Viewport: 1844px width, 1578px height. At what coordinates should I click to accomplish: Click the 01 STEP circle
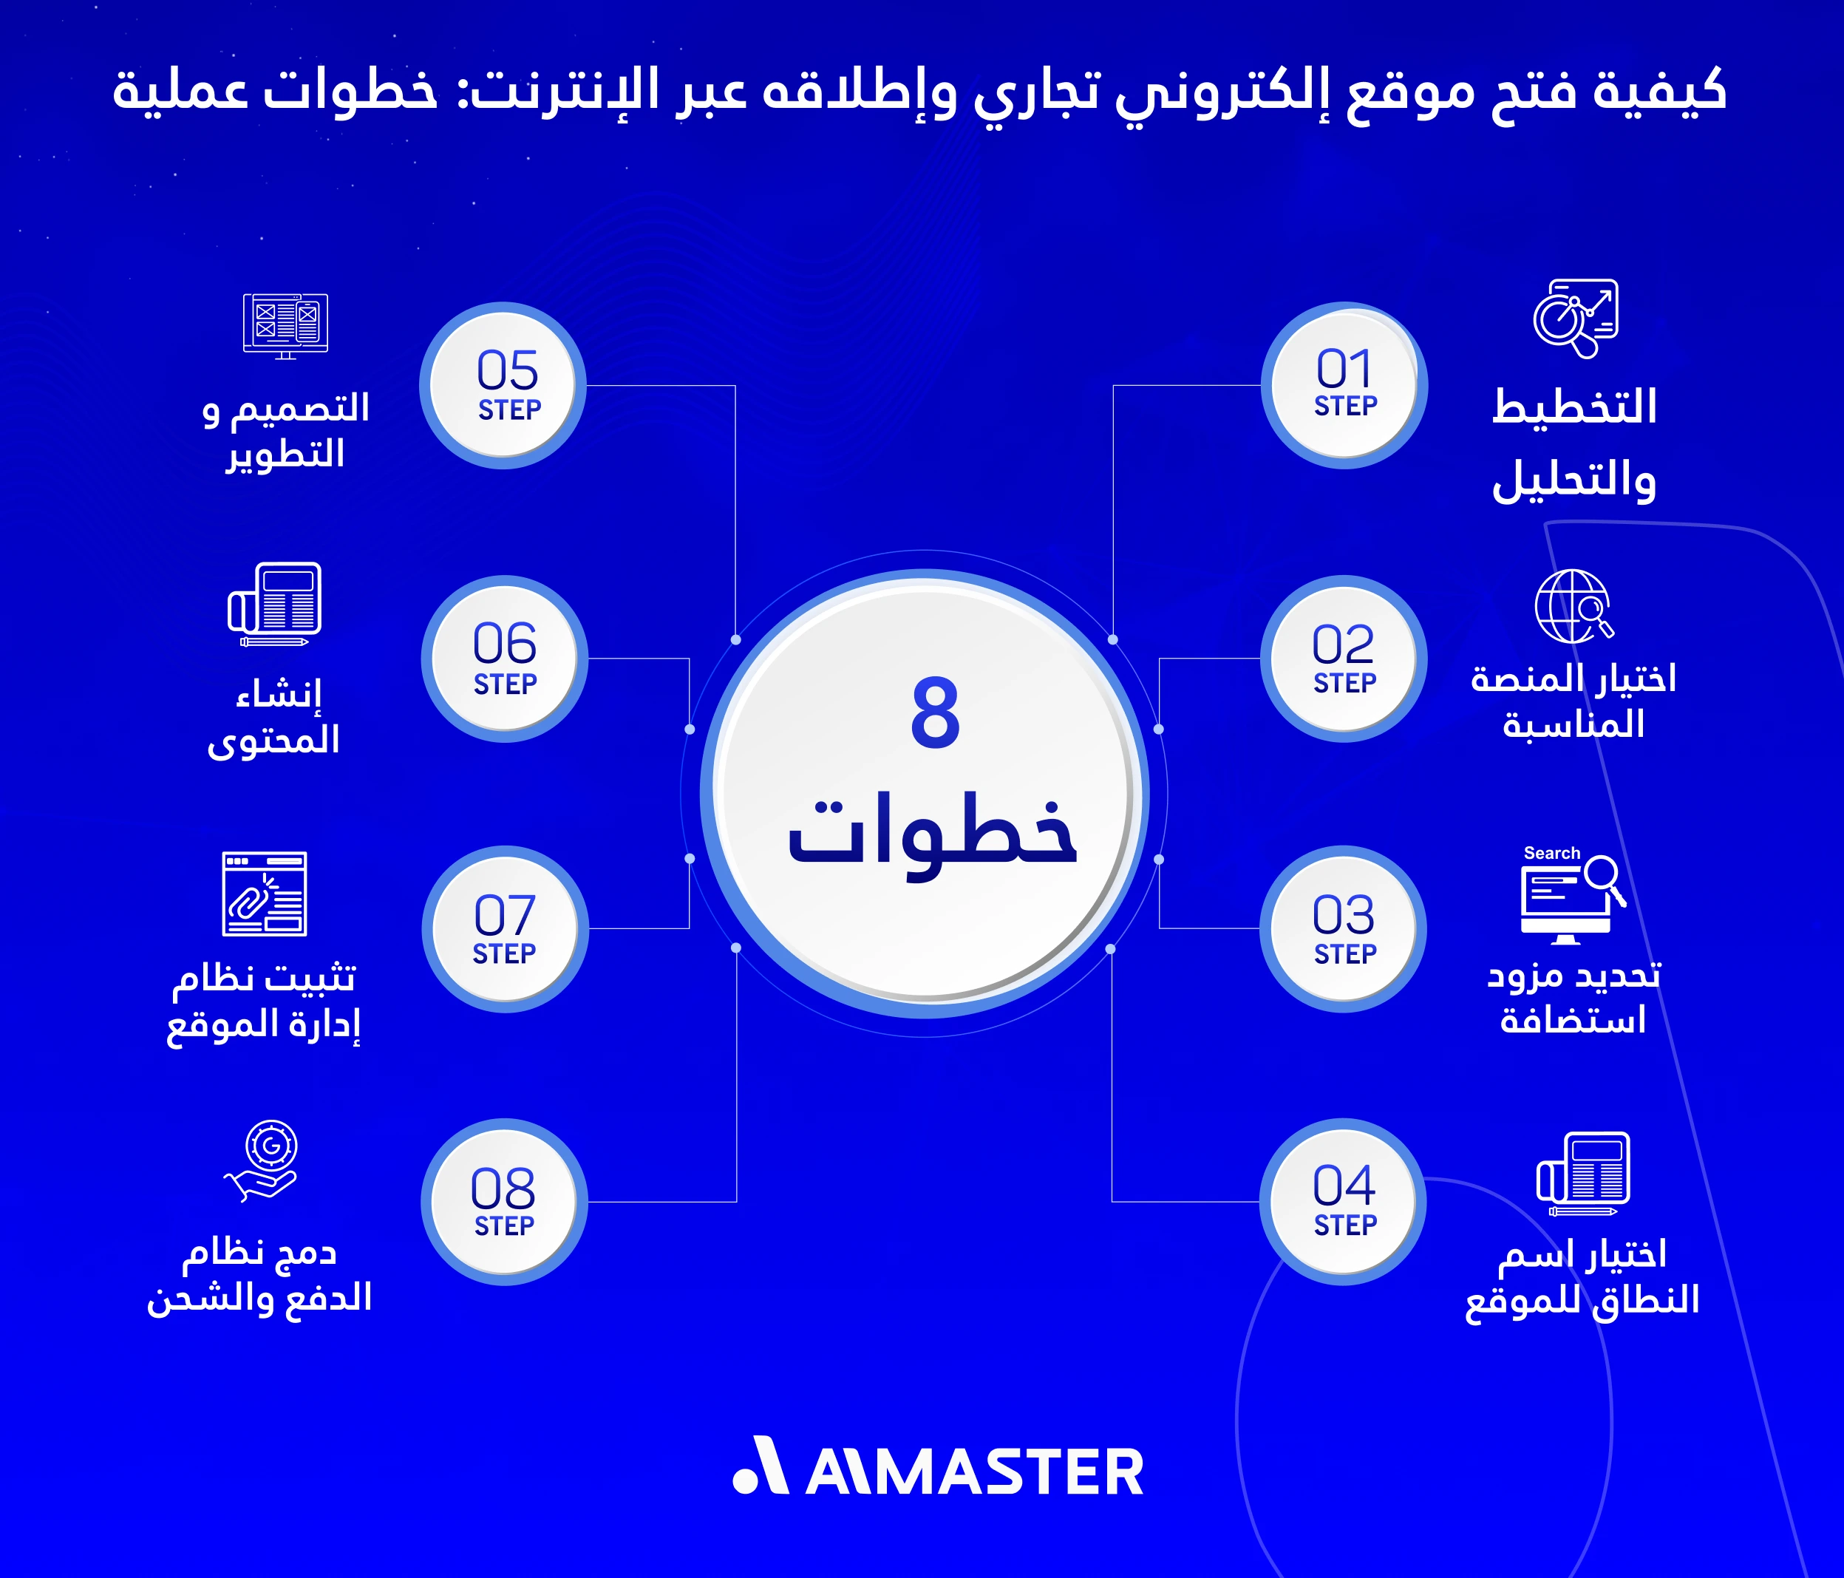(1344, 384)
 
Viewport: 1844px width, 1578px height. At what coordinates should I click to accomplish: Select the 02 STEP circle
(1344, 659)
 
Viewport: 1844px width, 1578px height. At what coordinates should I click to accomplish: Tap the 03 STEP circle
(1344, 928)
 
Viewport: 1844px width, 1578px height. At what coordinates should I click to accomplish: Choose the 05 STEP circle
(504, 384)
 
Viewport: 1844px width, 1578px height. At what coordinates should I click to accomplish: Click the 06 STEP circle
(505, 659)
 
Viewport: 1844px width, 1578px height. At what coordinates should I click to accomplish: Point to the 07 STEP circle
(505, 928)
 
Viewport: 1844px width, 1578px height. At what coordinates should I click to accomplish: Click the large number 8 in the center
(934, 712)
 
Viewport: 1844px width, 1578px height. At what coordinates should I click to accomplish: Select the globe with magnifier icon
(1573, 606)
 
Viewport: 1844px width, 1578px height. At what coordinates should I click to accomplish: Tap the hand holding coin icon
(262, 1160)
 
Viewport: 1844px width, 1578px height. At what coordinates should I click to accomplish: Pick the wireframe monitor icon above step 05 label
(286, 326)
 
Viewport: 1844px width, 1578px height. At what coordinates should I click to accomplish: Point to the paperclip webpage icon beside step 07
(265, 894)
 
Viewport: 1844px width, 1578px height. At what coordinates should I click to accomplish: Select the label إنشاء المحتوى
(275, 716)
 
